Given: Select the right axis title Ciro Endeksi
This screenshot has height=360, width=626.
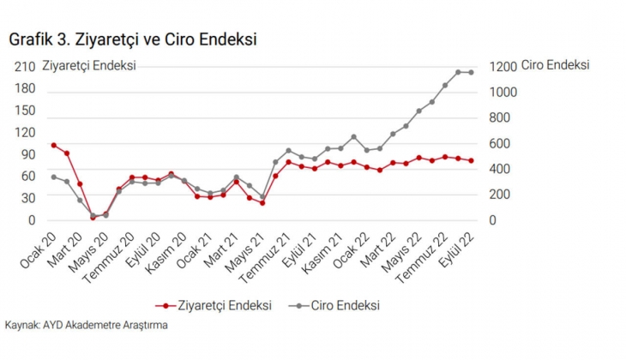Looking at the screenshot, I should pyautogui.click(x=555, y=65).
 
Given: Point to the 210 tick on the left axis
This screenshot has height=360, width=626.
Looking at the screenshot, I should pyautogui.click(x=25, y=67).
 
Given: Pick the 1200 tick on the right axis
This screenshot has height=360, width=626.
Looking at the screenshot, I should pyautogui.click(x=503, y=67).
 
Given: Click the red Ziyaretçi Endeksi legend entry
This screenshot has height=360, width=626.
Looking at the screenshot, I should pyautogui.click(x=214, y=305).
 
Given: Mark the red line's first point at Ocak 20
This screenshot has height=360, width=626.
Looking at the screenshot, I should pyautogui.click(x=53, y=146).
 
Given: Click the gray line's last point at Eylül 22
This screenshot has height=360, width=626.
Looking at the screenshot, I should pyautogui.click(x=471, y=73).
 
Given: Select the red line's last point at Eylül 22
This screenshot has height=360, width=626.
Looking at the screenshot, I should pyautogui.click(x=471, y=161).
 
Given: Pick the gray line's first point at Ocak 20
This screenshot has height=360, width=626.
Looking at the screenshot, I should pyautogui.click(x=53, y=177).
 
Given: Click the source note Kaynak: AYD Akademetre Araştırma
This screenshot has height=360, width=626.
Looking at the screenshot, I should pyautogui.click(x=86, y=326).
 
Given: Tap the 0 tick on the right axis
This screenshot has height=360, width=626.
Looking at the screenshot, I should pyautogui.click(x=492, y=220).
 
